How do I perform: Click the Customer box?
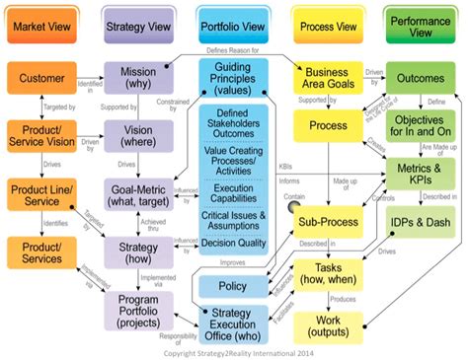[41, 78]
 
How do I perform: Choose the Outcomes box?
[422, 78]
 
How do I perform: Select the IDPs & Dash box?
[422, 223]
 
